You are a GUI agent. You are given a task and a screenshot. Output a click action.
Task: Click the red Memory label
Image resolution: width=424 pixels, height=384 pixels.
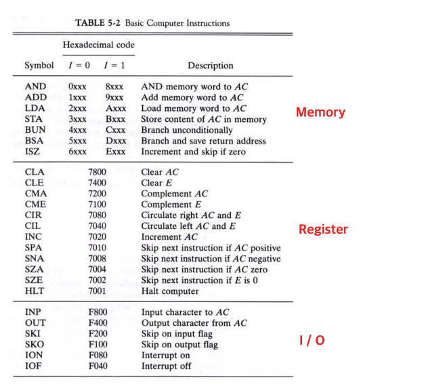[320, 112]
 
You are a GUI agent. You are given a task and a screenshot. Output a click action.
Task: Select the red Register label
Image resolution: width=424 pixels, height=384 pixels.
[323, 230]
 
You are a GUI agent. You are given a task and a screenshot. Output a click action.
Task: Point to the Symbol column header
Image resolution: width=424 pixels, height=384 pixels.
[39, 66]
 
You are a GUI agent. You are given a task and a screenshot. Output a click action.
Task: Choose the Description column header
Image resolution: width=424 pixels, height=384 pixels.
[210, 66]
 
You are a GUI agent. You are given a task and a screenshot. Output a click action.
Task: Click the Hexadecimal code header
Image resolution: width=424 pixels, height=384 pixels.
[99, 45]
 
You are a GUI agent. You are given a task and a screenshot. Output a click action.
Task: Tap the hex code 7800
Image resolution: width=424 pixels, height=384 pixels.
[98, 172]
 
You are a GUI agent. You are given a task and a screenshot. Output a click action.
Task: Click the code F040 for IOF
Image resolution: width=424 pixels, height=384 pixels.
[98, 366]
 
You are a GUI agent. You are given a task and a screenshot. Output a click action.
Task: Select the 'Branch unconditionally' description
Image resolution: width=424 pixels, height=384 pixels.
[186, 130]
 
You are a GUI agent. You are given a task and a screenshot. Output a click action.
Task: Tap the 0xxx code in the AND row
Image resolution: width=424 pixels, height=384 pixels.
[78, 87]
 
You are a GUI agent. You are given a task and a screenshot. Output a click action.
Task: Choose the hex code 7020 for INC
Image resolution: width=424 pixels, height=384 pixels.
[98, 237]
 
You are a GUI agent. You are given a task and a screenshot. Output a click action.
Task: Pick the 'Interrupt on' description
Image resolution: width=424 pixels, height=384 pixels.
[165, 356]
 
